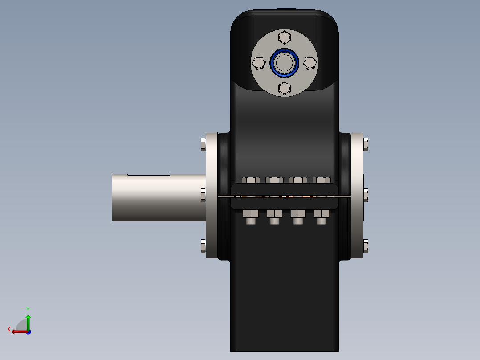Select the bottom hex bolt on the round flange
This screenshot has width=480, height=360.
[284, 88]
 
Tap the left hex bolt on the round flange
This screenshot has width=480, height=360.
[258, 63]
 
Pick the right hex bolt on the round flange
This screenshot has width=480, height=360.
[309, 63]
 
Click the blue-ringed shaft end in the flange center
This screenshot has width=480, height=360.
[284, 62]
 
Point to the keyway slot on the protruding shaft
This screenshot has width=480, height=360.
[148, 174]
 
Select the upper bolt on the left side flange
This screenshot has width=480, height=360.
[203, 144]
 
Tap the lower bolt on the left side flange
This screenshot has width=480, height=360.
[203, 246]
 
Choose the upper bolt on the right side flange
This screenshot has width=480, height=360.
[366, 144]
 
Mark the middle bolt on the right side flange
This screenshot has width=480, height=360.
[366, 195]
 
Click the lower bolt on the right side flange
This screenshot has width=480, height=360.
[366, 246]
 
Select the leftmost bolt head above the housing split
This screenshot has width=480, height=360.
[251, 180]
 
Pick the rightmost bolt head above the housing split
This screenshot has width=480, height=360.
[321, 180]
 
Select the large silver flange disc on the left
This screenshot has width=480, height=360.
[212, 195]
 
